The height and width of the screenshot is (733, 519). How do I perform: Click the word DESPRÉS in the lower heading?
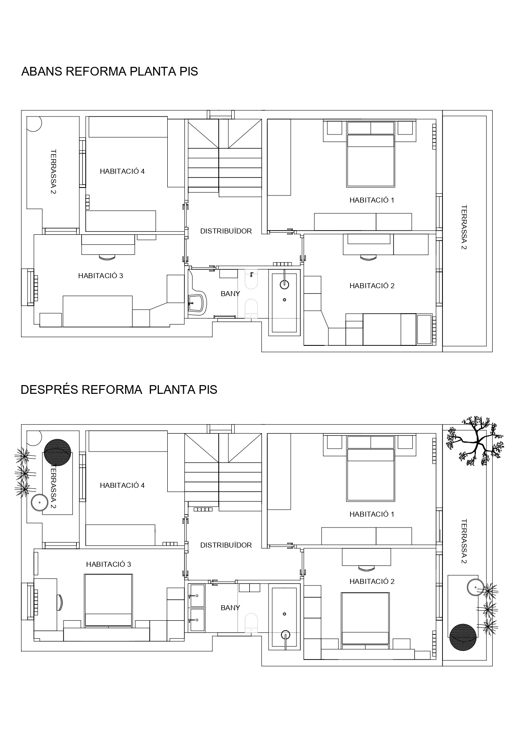49,390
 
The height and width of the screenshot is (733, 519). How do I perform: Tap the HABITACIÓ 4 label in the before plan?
122,171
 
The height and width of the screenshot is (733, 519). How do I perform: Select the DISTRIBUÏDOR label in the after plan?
226,545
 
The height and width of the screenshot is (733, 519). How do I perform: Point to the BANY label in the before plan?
230,294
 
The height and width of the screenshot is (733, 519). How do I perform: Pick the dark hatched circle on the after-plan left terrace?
57,452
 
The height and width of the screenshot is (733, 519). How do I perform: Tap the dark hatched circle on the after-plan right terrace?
463,637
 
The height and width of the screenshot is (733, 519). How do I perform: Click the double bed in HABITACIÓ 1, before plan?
371,154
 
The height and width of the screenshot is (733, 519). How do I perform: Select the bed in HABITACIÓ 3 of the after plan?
109,601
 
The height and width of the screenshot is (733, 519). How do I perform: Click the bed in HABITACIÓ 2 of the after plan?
366,619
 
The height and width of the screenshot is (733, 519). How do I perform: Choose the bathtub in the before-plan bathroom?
284,303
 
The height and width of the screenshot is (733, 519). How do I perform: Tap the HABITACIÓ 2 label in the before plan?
372,286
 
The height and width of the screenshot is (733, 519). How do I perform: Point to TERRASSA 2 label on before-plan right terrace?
463,227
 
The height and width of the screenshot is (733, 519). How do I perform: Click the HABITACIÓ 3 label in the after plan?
108,564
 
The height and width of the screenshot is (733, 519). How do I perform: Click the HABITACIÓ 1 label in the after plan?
372,514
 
